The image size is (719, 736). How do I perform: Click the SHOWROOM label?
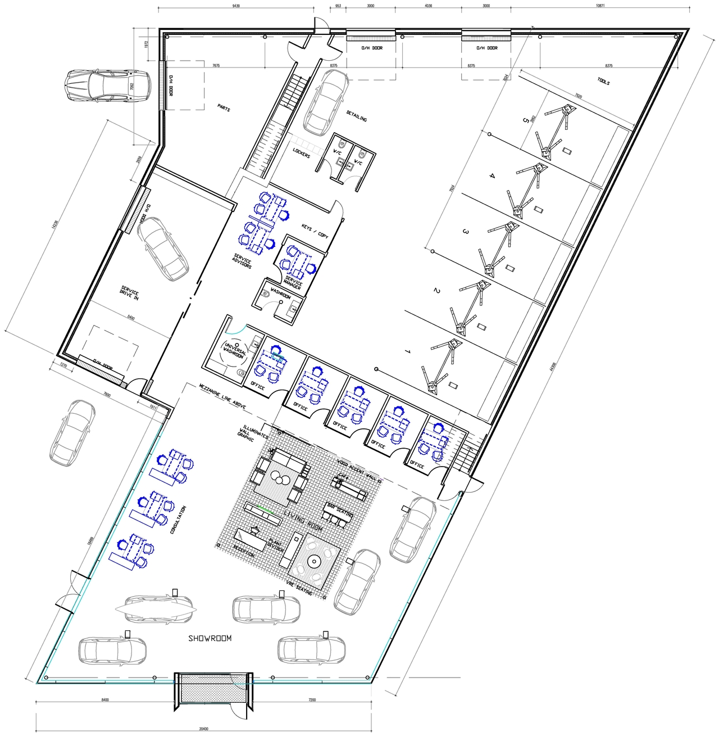pyautogui.click(x=210, y=638)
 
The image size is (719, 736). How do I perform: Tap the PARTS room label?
pyautogui.click(x=224, y=107)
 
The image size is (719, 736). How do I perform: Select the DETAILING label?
pyautogui.click(x=356, y=116)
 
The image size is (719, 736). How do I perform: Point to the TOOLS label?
pyautogui.click(x=603, y=82)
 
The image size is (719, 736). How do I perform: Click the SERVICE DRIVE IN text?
pyautogui.click(x=129, y=292)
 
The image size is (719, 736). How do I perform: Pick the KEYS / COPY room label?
pyautogui.click(x=315, y=231)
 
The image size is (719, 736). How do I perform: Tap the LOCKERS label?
pyautogui.click(x=301, y=152)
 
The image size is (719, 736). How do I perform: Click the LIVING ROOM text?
pyautogui.click(x=303, y=521)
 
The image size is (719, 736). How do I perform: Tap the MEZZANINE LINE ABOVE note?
pyautogui.click(x=222, y=396)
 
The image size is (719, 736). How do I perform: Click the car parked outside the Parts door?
pyautogui.click(x=108, y=85)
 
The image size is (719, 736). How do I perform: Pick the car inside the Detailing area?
pyautogui.click(x=325, y=102)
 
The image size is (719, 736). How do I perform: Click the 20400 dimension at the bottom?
pyautogui.click(x=203, y=729)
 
